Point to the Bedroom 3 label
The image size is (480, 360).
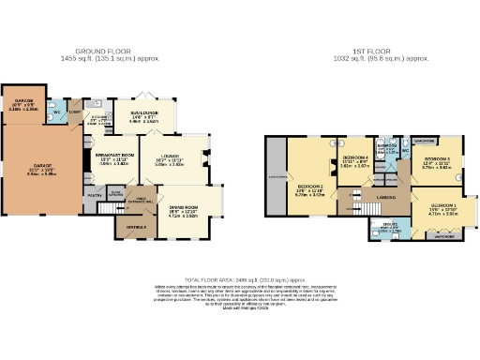click(x=437, y=160)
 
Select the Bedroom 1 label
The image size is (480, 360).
click(x=442, y=205)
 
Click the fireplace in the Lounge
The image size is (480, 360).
click(x=206, y=157)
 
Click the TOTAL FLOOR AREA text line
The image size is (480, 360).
click(x=246, y=279)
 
